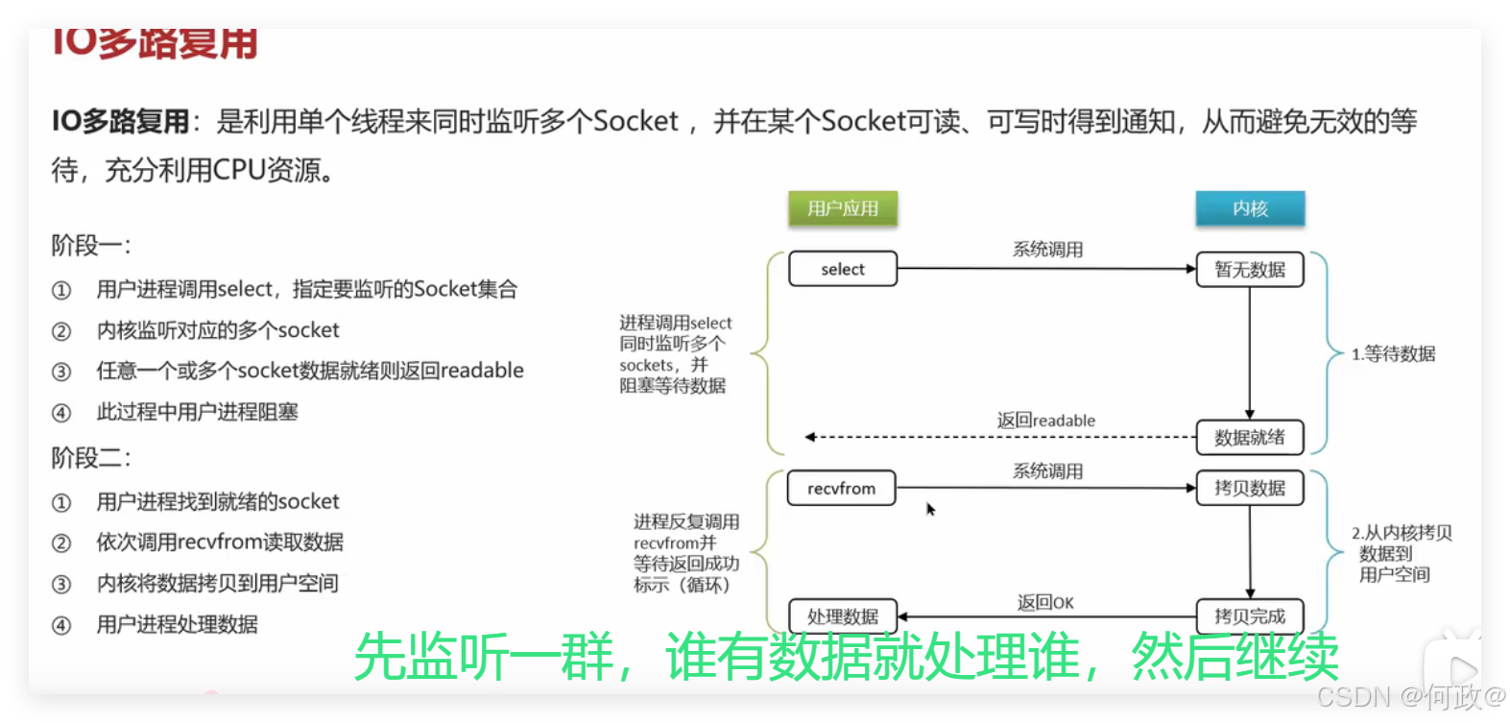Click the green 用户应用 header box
pos(843,208)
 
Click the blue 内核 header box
pos(1250,208)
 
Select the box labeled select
pos(843,269)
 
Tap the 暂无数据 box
pos(1250,269)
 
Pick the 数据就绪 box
pos(1250,437)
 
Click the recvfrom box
pos(841,488)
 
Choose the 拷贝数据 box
pos(1250,488)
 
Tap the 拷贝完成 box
pos(1250,616)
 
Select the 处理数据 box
pos(842,616)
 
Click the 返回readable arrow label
pos(1045,421)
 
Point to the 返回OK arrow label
pos(1045,602)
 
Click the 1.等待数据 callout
pos(1393,354)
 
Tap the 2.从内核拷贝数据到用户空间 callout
pos(1401,554)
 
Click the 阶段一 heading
pos(91,246)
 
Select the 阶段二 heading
pos(91,458)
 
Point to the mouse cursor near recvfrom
pos(929,508)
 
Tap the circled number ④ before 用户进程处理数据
pos(61,625)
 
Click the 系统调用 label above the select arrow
pos(1047,250)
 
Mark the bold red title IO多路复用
pos(154,44)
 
